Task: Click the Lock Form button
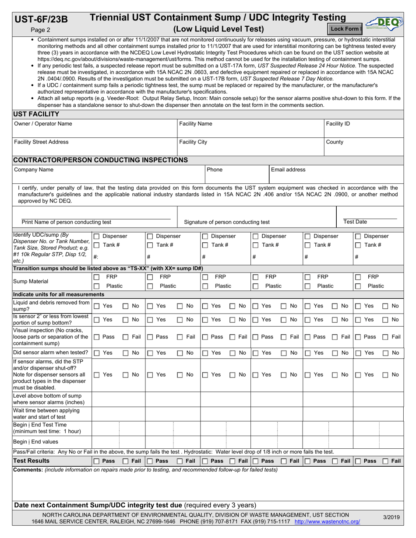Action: click(x=345, y=29)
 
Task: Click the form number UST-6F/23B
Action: click(x=42, y=19)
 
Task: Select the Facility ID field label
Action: click(x=338, y=124)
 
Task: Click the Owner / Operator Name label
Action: click(x=43, y=124)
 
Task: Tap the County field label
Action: click(x=335, y=142)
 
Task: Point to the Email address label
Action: click(x=288, y=170)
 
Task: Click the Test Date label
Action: click(x=355, y=222)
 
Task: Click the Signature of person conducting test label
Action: click(x=227, y=222)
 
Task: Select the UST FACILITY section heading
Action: click(x=37, y=114)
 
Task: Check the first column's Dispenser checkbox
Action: click(x=97, y=236)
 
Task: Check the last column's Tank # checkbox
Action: click(x=358, y=245)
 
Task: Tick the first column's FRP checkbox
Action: click(x=97, y=277)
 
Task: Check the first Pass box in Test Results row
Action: click(x=97, y=461)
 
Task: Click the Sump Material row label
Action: click(x=31, y=281)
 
